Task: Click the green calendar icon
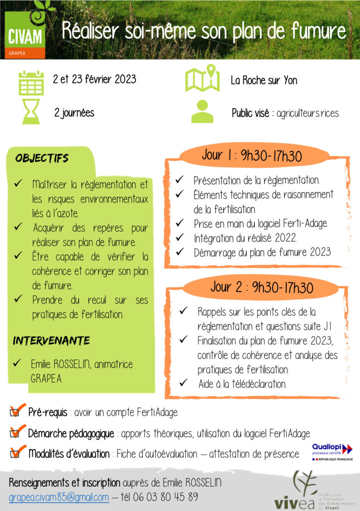click(31, 83)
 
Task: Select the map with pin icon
click(202, 78)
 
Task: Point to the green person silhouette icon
click(202, 112)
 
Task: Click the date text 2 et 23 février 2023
click(94, 79)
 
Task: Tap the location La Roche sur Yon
click(264, 80)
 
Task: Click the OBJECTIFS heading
click(42, 158)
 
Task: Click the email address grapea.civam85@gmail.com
click(59, 497)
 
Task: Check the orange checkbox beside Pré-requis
click(16, 413)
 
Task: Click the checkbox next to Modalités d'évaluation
click(16, 453)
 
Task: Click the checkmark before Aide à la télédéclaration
click(184, 384)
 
